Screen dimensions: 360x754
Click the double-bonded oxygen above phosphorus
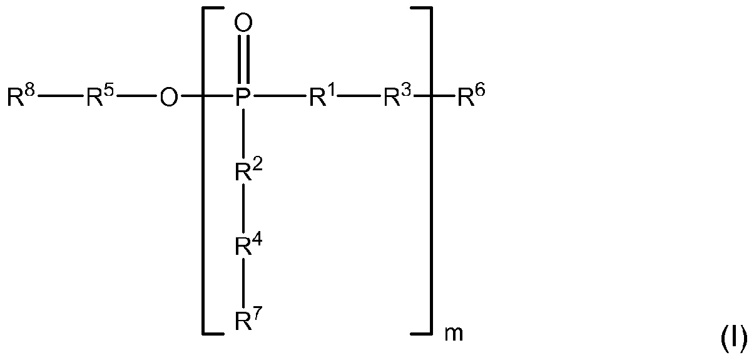click(x=243, y=24)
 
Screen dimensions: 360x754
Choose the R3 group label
click(x=397, y=97)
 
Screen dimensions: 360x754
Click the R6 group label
click(x=471, y=97)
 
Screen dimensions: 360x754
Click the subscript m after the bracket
click(x=454, y=334)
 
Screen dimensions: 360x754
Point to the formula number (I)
click(x=733, y=339)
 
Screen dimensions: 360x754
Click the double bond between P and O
click(x=243, y=61)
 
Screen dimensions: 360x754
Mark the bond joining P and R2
click(x=243, y=135)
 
